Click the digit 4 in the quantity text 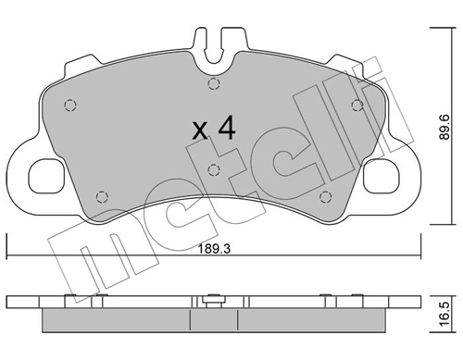(225, 129)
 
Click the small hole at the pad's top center (213, 84)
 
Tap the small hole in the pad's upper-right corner (357, 104)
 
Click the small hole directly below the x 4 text (213, 168)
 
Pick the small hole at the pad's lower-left (103, 194)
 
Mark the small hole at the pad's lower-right (323, 194)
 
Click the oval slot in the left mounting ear (44, 172)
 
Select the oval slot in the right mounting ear (382, 172)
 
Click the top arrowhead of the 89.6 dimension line (435, 31)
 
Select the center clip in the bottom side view (213, 300)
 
